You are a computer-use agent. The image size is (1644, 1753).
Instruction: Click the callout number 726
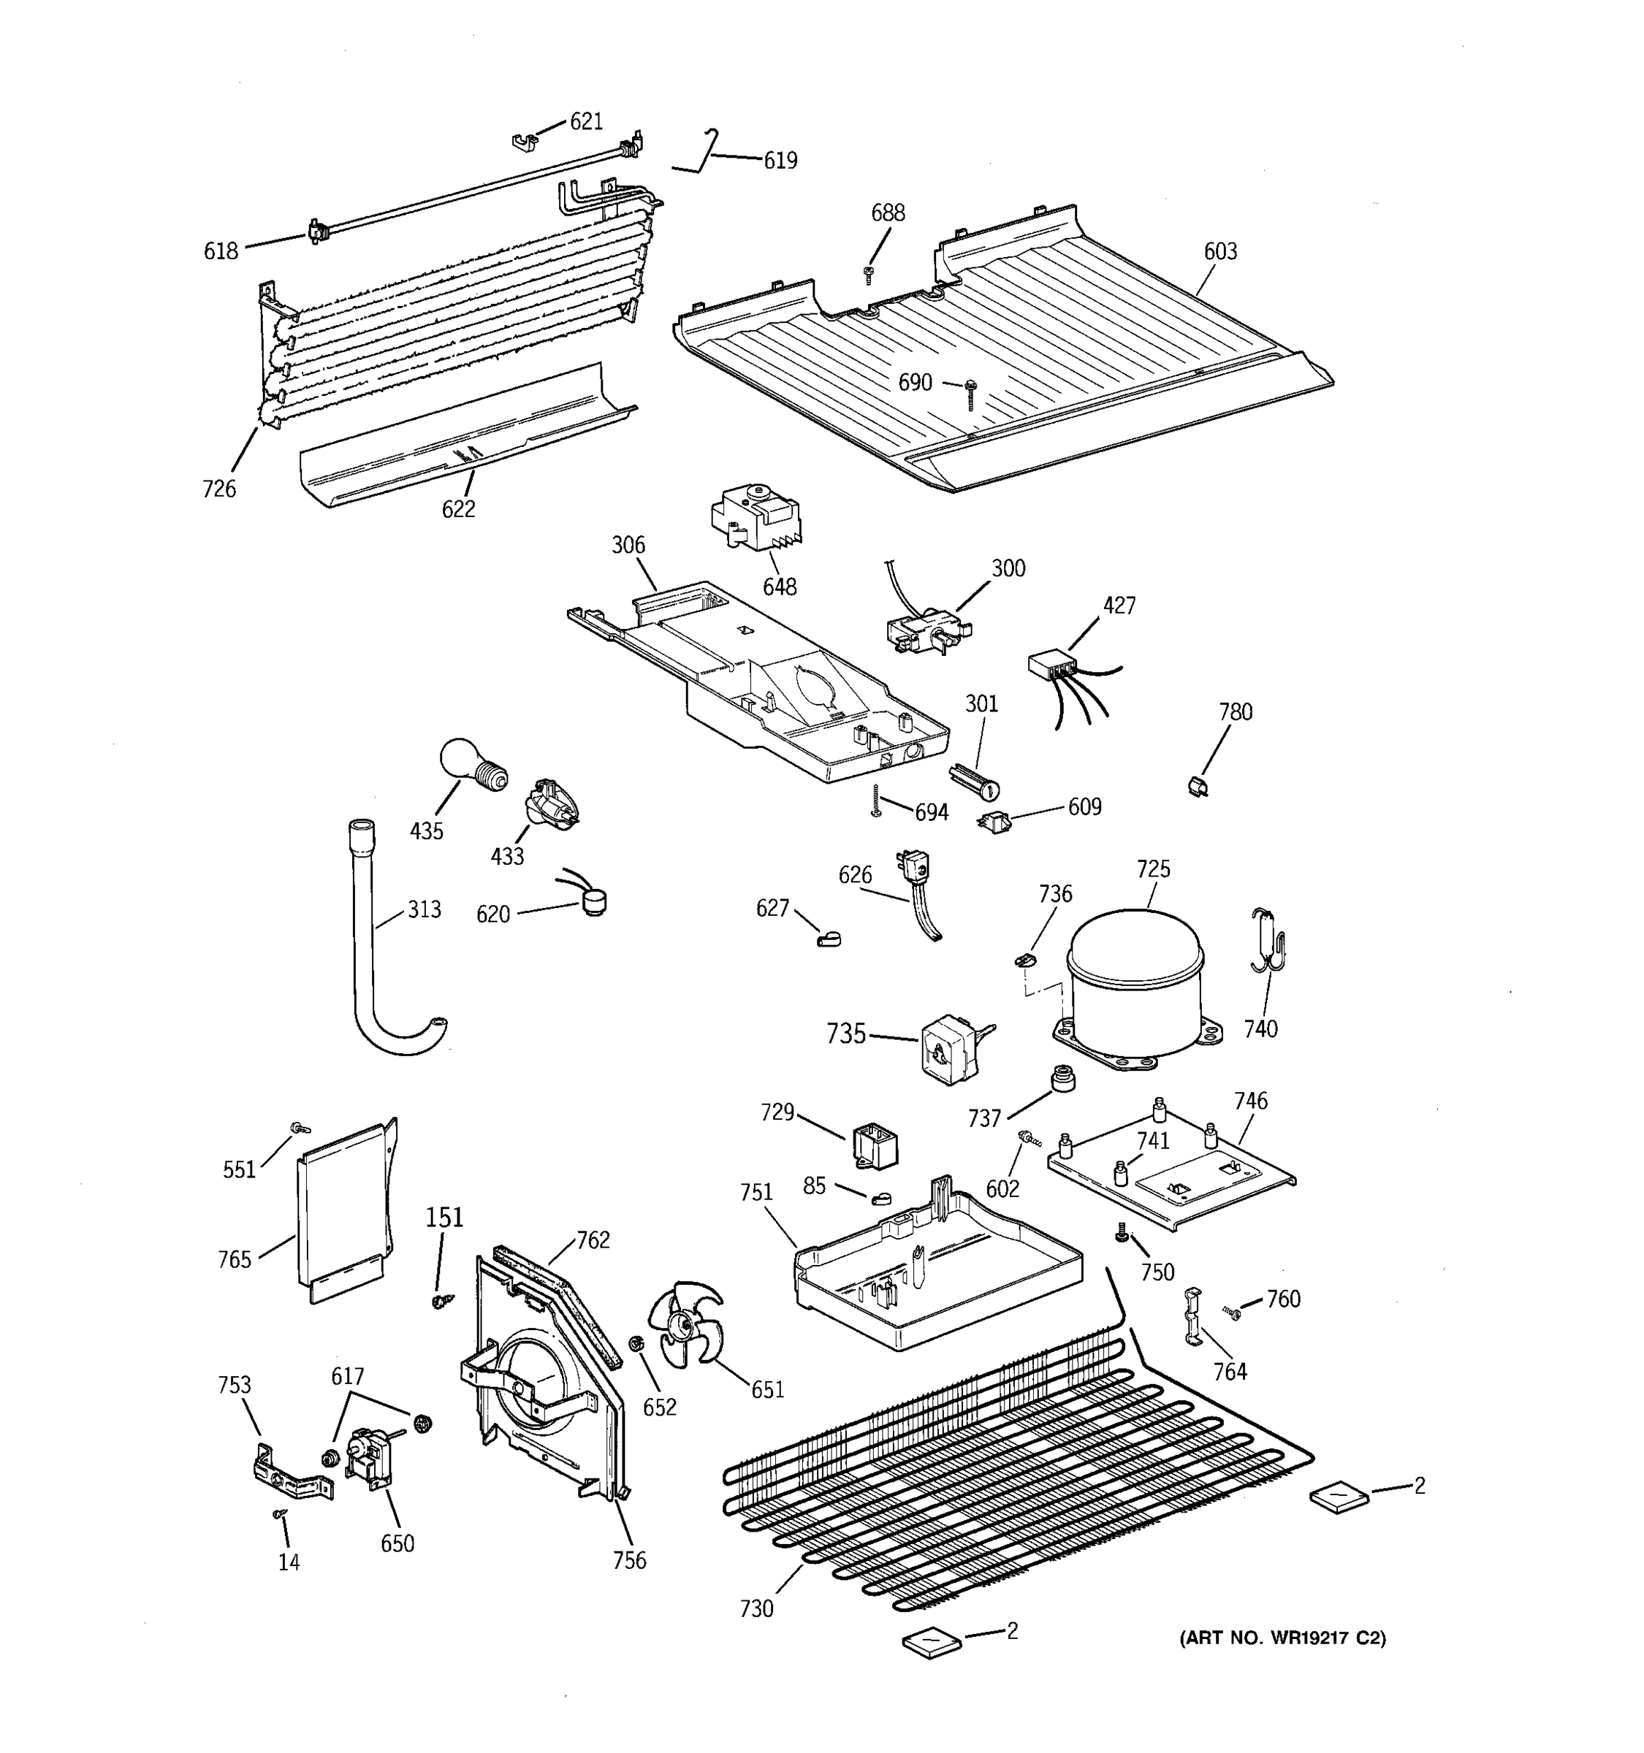click(218, 488)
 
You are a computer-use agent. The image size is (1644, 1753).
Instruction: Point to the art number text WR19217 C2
click(1282, 1638)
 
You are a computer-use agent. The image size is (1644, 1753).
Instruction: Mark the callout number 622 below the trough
click(457, 509)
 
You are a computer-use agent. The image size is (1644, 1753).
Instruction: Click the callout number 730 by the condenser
click(756, 1608)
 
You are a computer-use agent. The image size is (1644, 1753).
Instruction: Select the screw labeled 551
click(299, 1127)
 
